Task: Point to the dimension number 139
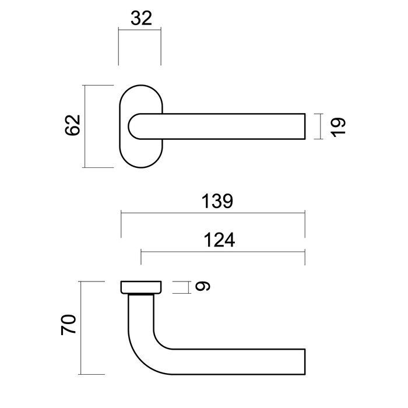click(x=217, y=201)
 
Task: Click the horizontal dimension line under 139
click(x=213, y=214)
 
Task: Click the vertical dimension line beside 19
click(x=321, y=126)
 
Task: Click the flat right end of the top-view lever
click(x=305, y=126)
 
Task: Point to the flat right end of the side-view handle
click(x=305, y=361)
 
